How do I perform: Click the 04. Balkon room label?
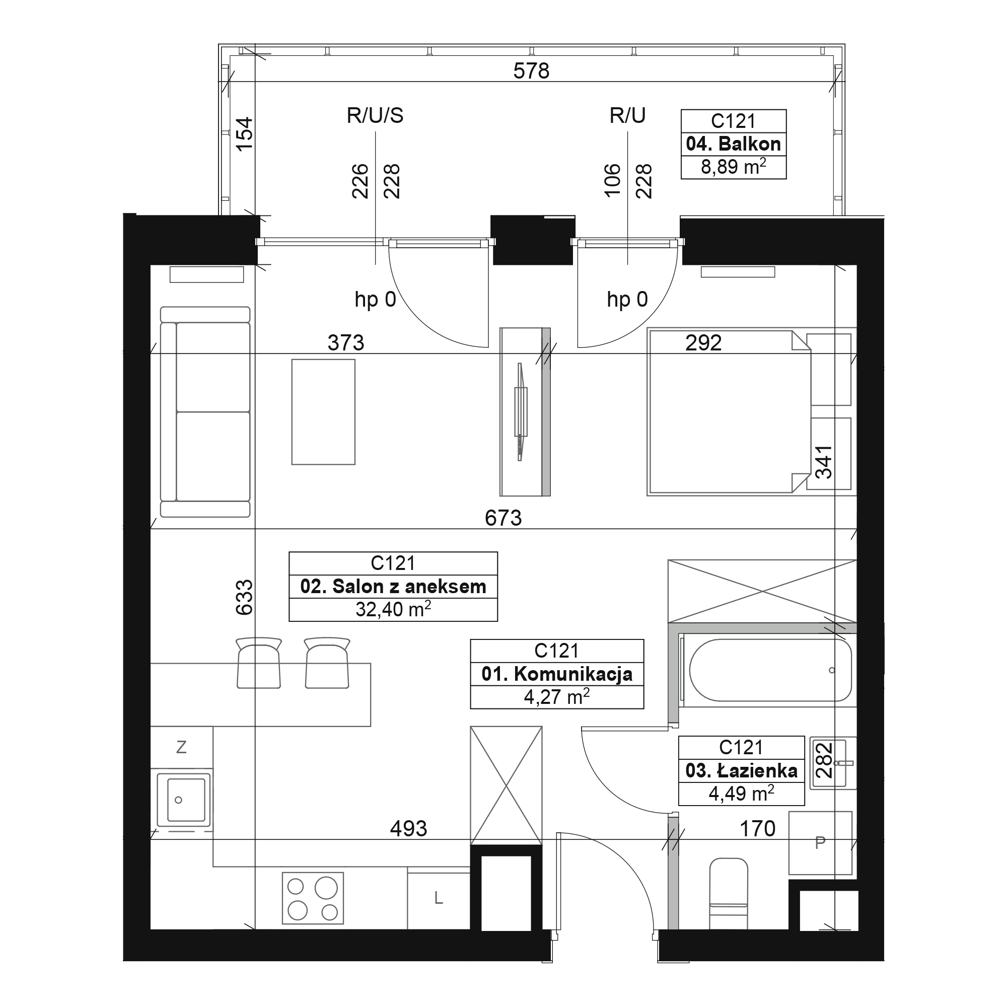point(734,144)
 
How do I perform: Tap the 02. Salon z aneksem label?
point(393,587)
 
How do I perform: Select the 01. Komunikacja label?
point(557,674)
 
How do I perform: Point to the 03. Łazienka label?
point(741,770)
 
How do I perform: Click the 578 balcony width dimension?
point(531,71)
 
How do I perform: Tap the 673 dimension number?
point(503,518)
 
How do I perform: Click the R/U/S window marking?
point(375,115)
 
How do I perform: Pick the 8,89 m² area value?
point(734,167)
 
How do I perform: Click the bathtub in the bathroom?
point(770,670)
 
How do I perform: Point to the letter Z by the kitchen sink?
point(181,747)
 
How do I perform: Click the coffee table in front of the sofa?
point(323,412)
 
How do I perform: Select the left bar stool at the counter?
point(258,663)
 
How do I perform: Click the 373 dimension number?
point(345,342)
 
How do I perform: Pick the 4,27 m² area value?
point(557,697)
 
